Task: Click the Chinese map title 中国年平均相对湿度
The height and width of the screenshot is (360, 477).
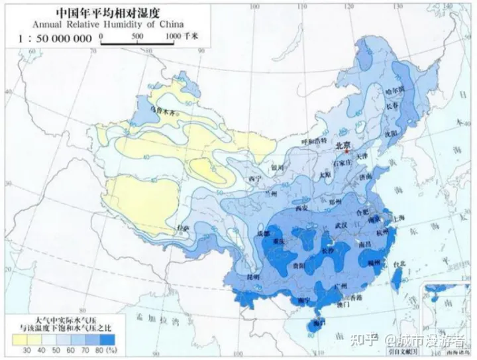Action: point(109,12)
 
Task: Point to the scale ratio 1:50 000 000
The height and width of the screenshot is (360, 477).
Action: point(52,38)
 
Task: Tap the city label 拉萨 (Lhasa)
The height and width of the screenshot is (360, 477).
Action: point(182,229)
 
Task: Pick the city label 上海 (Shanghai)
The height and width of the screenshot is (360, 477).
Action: point(399,217)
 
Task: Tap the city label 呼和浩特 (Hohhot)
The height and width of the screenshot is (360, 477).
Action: point(314,141)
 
